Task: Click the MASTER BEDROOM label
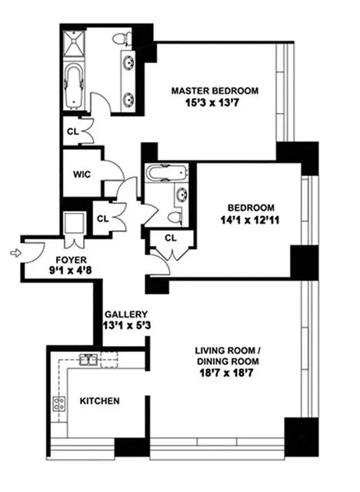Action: click(x=215, y=90)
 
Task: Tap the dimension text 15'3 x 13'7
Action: click(x=215, y=103)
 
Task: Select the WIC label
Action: click(x=82, y=174)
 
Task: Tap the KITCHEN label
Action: click(x=99, y=401)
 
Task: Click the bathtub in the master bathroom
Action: click(x=76, y=85)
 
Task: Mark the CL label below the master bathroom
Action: click(x=73, y=131)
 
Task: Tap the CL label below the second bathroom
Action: click(x=171, y=238)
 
